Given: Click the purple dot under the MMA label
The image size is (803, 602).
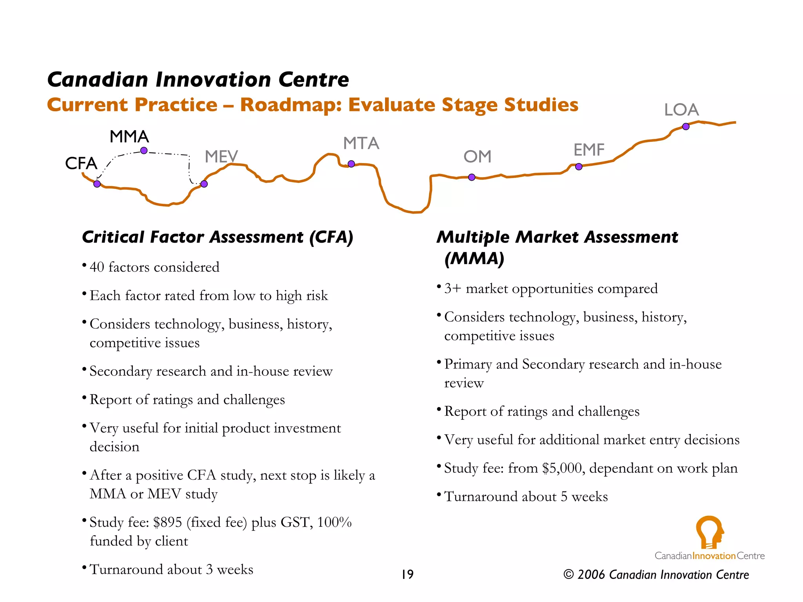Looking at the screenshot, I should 144,150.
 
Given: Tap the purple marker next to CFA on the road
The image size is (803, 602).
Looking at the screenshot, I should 97,184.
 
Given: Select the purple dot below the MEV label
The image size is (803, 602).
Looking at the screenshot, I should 204,184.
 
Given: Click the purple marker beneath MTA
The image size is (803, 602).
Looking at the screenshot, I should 351,164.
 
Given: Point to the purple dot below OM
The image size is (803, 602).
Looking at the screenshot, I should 472,177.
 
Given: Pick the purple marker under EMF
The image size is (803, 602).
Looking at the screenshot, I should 579,167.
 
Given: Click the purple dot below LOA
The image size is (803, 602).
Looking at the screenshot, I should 686,127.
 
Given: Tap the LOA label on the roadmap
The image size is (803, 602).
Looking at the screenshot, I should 681,110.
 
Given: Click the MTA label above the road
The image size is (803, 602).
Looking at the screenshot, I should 361,143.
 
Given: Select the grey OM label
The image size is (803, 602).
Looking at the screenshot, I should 477,157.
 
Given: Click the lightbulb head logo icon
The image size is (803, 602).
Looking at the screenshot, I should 710,532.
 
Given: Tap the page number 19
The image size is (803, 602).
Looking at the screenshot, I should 407,575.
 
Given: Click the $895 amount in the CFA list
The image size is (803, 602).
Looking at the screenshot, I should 167,522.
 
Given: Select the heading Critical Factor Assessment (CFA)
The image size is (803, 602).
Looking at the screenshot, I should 218,237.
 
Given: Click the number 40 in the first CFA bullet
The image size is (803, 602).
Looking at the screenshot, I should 97,267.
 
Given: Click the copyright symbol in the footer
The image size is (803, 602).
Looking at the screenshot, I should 569,575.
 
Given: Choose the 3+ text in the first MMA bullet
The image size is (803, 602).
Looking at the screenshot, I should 452,289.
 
